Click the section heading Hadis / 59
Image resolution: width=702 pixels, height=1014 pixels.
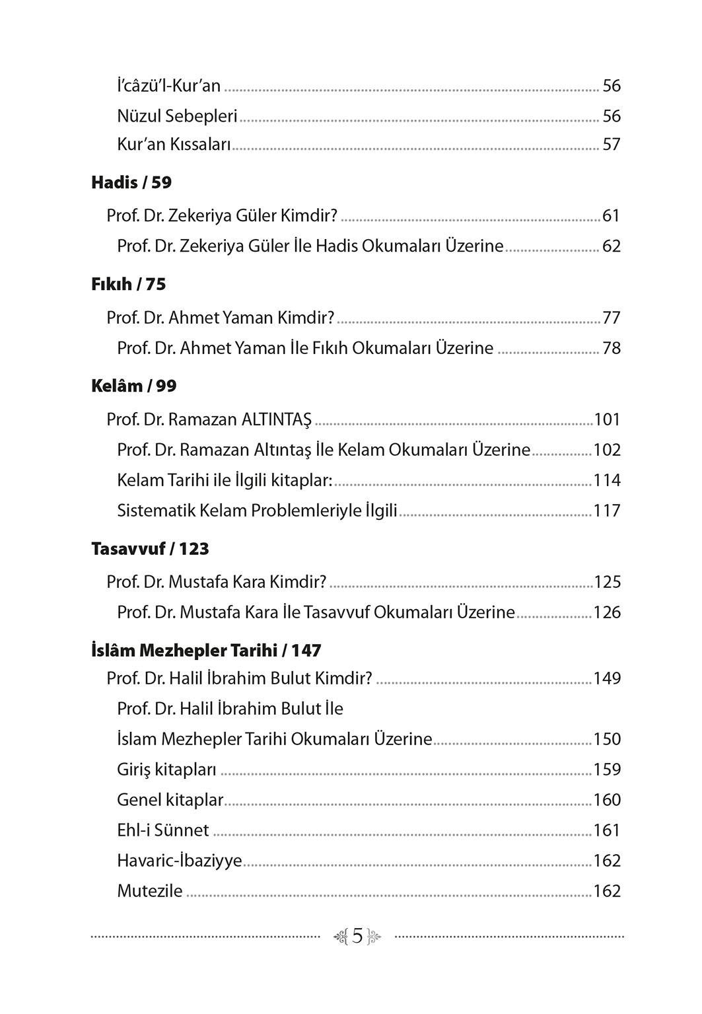131,183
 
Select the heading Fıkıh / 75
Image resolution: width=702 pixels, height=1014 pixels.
128,285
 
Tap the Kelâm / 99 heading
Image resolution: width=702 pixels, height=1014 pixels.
133,386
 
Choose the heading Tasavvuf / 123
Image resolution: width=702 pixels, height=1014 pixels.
150,549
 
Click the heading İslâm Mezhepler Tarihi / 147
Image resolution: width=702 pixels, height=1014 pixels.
206,651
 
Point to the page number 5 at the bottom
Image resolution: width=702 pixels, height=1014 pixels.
357,936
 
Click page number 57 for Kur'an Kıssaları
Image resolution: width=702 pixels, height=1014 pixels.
612,145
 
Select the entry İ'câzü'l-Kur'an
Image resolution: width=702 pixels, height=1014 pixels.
169,86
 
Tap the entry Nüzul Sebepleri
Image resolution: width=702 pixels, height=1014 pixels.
177,116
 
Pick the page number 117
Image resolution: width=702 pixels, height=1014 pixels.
607,511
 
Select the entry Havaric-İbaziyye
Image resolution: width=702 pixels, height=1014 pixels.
180,861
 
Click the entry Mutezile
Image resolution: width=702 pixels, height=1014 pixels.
150,891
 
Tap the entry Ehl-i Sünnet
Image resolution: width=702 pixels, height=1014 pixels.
163,830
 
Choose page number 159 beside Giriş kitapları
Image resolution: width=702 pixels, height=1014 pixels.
607,770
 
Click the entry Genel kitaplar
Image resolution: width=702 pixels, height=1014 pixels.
170,800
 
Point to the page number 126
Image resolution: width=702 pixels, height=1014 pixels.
607,612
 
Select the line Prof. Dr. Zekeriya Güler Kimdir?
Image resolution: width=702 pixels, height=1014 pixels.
222,216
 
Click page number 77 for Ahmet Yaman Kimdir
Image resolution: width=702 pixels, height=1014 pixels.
612,318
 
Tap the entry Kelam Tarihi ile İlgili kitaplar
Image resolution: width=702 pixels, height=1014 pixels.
225,480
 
